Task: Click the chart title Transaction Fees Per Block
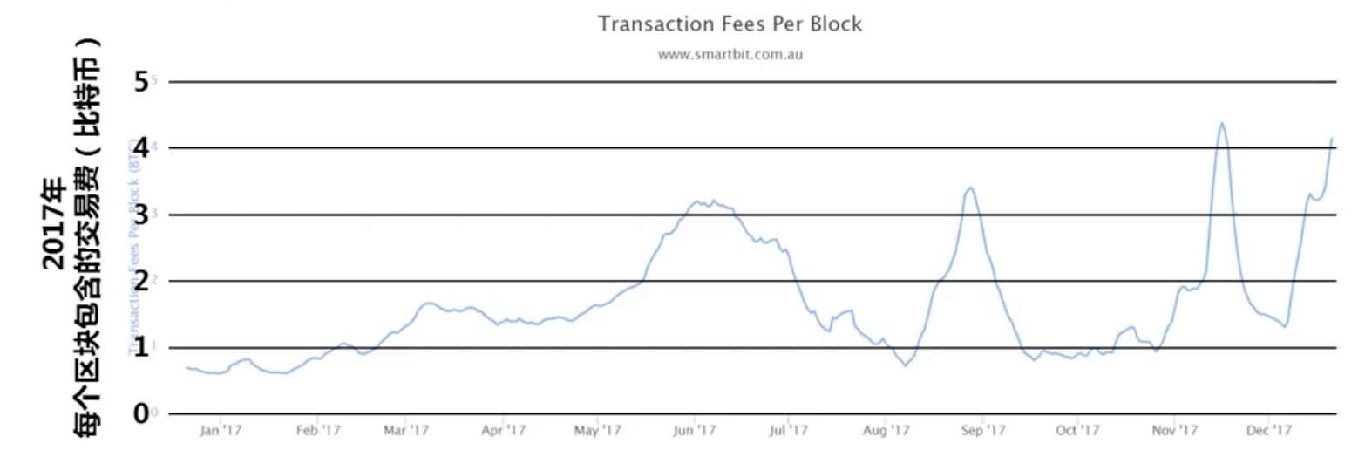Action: click(x=730, y=24)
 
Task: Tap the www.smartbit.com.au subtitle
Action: click(x=730, y=54)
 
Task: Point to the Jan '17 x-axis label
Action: click(x=221, y=430)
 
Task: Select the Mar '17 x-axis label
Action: click(x=406, y=430)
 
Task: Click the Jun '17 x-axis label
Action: click(x=695, y=430)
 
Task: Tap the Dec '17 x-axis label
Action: click(x=1268, y=430)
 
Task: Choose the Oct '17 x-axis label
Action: click(x=1077, y=430)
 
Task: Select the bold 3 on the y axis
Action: click(x=142, y=215)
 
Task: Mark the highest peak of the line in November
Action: click(x=1222, y=123)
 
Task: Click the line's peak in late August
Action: click(x=971, y=188)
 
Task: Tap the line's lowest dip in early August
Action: click(x=905, y=365)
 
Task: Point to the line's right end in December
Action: click(x=1333, y=138)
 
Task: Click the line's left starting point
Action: click(x=187, y=367)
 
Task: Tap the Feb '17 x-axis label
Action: click(x=318, y=430)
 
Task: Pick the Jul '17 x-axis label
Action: click(x=791, y=430)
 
